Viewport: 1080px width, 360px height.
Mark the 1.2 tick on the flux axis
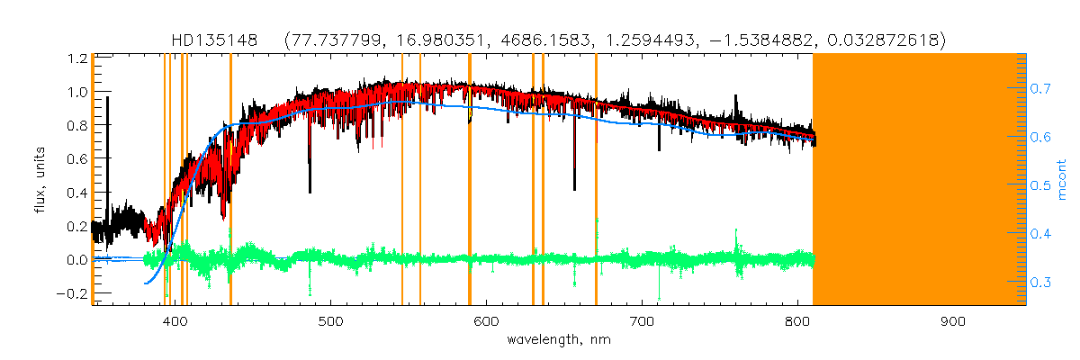pos(76,58)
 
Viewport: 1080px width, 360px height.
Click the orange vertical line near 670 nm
pos(596,180)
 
